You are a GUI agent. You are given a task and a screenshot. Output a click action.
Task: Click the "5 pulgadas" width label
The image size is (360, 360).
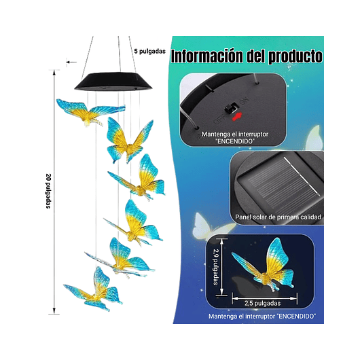pyautogui.click(x=149, y=50)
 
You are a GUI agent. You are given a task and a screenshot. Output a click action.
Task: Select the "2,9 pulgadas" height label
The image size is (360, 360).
pyautogui.click(x=215, y=262)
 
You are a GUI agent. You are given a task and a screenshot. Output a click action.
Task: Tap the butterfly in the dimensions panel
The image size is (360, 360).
pyautogui.click(x=262, y=267)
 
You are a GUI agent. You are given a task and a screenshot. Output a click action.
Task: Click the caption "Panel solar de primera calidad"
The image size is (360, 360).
pyautogui.click(x=275, y=217)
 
